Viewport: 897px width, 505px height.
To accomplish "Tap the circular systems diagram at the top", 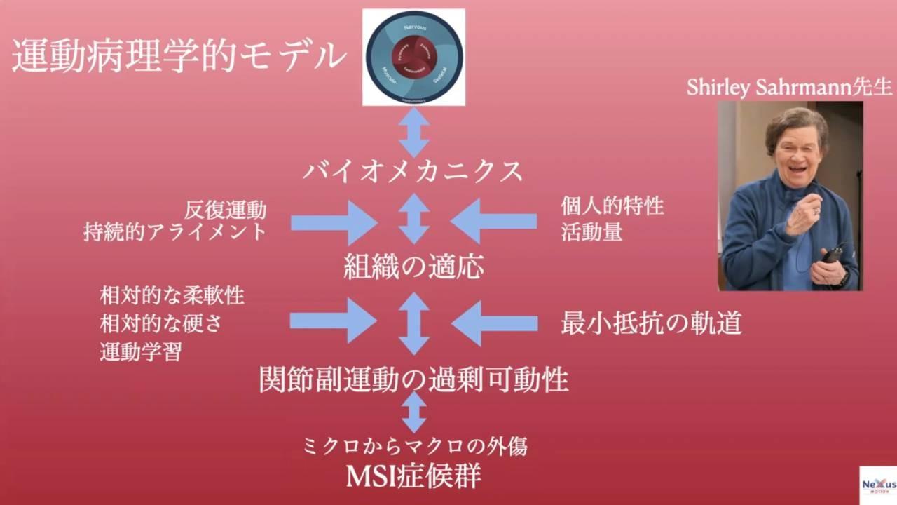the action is [x=413, y=58].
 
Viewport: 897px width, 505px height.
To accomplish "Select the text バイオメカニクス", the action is [x=413, y=171].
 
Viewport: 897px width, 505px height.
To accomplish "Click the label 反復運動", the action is [x=226, y=210].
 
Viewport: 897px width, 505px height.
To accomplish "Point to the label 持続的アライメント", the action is [x=175, y=232].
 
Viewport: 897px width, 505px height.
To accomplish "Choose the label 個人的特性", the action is [x=612, y=207].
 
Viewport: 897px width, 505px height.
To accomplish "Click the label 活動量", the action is [x=591, y=232].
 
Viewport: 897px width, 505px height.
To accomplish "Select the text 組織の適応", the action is [x=413, y=267].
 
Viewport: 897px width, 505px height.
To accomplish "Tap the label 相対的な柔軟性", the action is [x=172, y=295].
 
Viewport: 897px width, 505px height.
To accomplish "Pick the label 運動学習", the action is [x=141, y=351].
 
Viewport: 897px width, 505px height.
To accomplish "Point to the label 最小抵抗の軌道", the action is [x=651, y=323].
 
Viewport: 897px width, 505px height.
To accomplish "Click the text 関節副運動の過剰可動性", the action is [x=413, y=379].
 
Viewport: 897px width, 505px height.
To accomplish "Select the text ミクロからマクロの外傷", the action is [x=413, y=445].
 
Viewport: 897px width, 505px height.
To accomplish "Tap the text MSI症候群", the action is [x=413, y=476].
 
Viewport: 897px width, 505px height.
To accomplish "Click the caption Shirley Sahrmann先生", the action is [x=789, y=87].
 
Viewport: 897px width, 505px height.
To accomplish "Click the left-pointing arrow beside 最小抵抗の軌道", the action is [x=494, y=323].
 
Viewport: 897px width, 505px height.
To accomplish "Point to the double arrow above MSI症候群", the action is [x=413, y=412].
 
